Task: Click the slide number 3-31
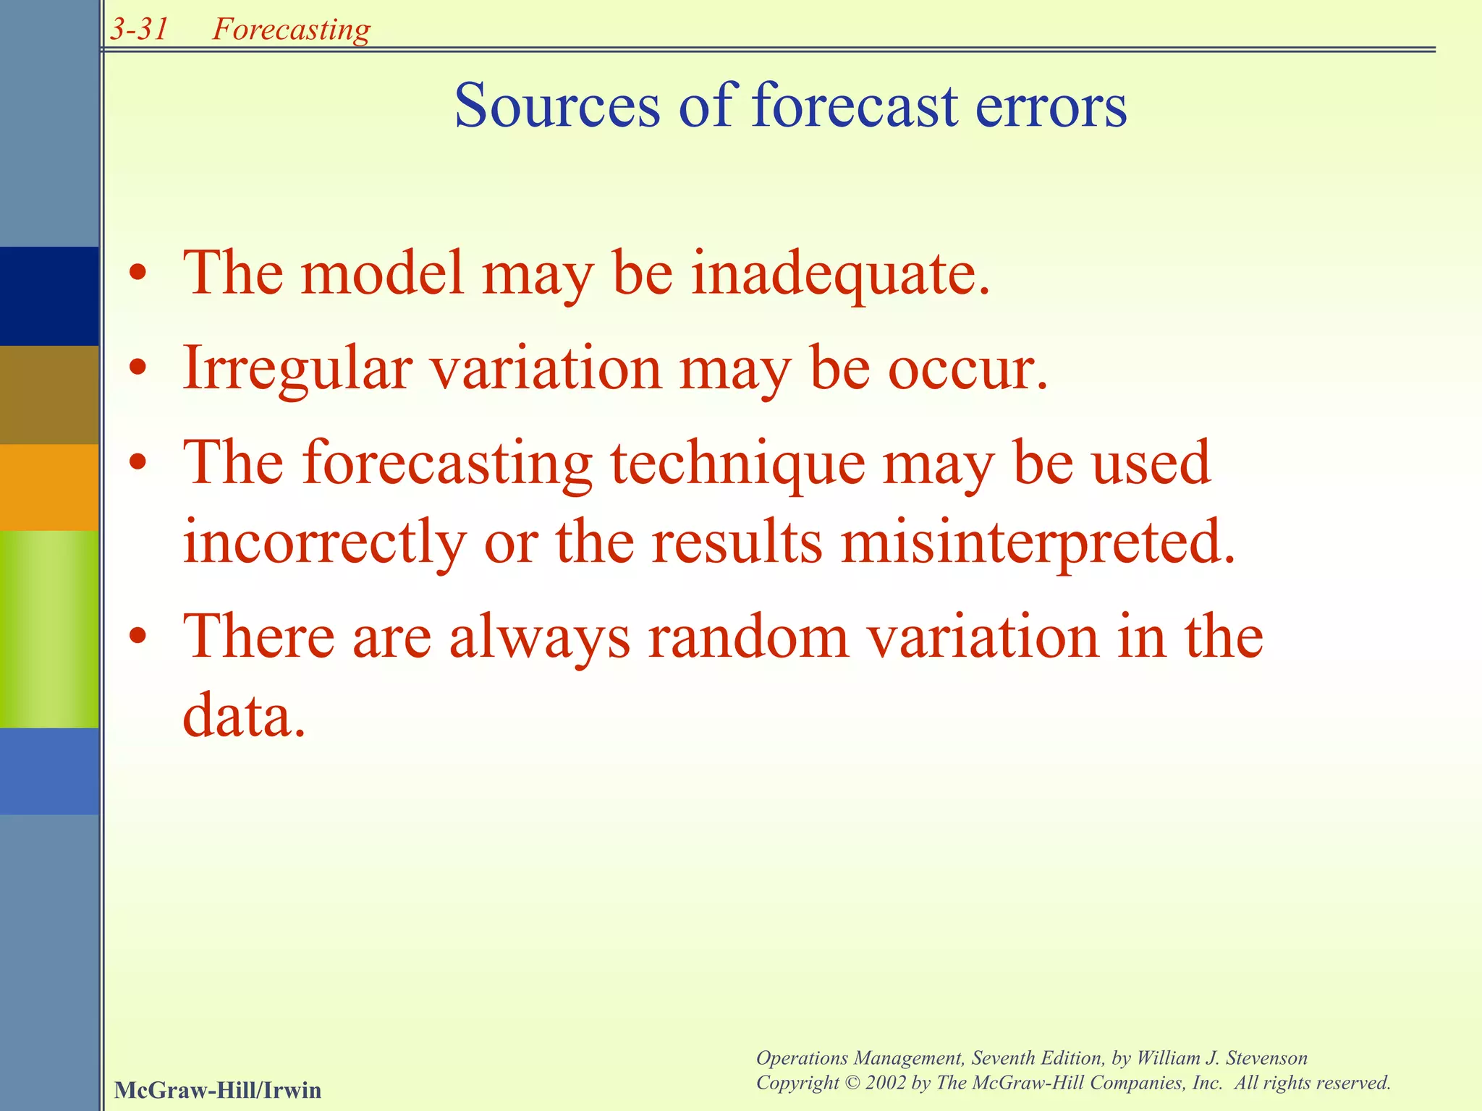pos(140,29)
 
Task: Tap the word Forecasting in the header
pos(291,30)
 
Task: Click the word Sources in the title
pos(556,106)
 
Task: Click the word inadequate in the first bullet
pos(840,273)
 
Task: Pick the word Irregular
pos(297,368)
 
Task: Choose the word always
pos(540,638)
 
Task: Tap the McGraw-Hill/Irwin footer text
pos(217,1089)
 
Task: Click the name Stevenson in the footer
pos(1266,1057)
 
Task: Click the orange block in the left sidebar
pos(49,487)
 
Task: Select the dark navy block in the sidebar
pos(49,296)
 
